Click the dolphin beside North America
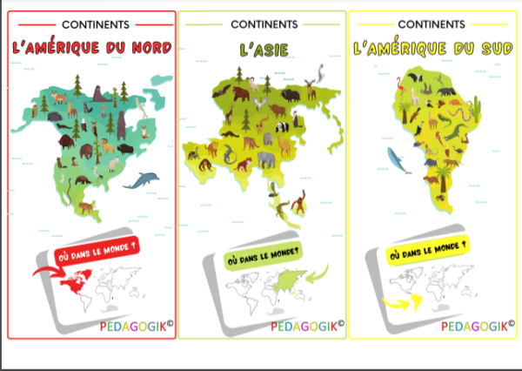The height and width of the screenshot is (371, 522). click(141, 180)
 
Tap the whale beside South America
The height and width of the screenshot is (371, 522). click(398, 159)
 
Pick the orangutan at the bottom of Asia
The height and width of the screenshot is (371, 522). click(298, 203)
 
